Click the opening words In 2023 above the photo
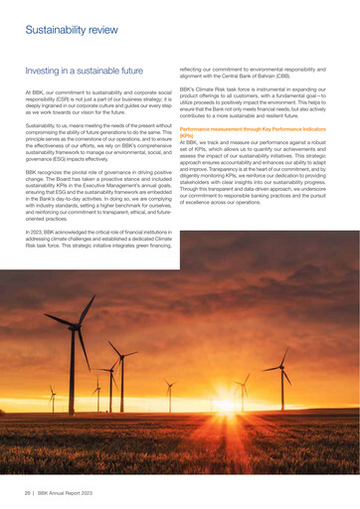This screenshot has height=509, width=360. click(x=36, y=233)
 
